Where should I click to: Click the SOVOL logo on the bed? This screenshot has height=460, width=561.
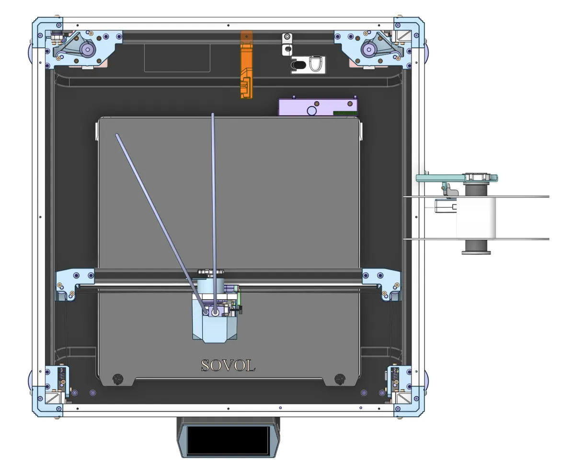tap(228, 366)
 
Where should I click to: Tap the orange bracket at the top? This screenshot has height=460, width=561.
tap(246, 65)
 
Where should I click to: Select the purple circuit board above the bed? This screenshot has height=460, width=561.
tap(318, 107)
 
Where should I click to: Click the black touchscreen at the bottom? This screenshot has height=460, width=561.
tap(228, 440)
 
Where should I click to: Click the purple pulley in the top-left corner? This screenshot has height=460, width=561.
tap(87, 49)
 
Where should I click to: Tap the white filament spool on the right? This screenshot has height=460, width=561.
tap(476, 218)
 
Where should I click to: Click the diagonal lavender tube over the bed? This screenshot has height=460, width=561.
tap(161, 224)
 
